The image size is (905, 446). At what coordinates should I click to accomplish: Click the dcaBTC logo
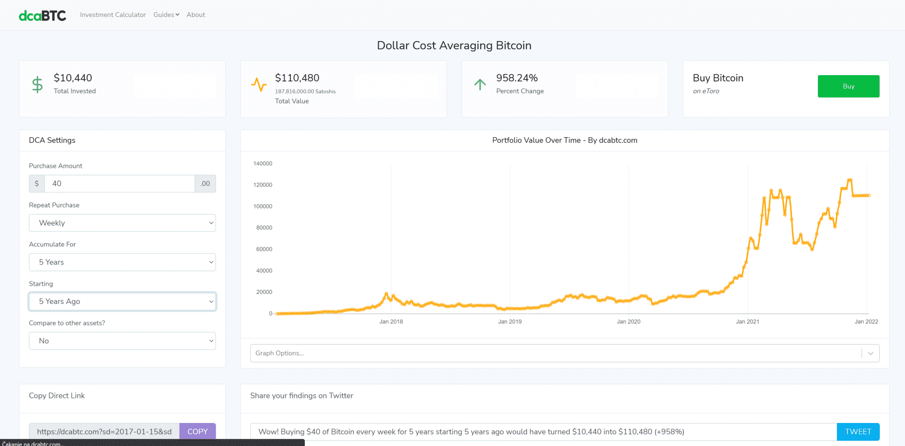click(42, 15)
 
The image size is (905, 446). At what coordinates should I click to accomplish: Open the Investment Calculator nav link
click(113, 15)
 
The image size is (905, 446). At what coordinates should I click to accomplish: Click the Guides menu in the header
click(166, 15)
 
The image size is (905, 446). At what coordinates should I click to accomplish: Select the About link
click(196, 15)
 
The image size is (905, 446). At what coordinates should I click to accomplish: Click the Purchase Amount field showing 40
click(119, 184)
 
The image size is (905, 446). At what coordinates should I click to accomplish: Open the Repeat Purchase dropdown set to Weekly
click(122, 223)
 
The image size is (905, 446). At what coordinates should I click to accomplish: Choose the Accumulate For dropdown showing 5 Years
click(122, 262)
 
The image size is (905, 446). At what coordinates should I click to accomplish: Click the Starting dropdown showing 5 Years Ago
click(122, 301)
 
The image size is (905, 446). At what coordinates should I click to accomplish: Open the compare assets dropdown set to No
click(122, 341)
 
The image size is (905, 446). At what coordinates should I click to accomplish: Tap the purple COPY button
click(198, 431)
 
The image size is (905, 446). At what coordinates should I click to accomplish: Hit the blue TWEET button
click(858, 431)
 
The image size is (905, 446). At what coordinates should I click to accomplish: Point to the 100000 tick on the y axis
click(262, 207)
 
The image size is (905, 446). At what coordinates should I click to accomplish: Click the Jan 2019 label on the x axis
click(510, 322)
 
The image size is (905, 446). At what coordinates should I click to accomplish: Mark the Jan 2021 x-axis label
click(747, 322)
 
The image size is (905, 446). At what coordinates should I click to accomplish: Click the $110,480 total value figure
click(297, 78)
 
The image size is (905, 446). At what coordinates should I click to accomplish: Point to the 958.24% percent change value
click(517, 78)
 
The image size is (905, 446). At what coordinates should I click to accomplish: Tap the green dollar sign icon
click(38, 85)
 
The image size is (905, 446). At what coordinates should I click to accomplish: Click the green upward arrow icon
click(480, 85)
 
